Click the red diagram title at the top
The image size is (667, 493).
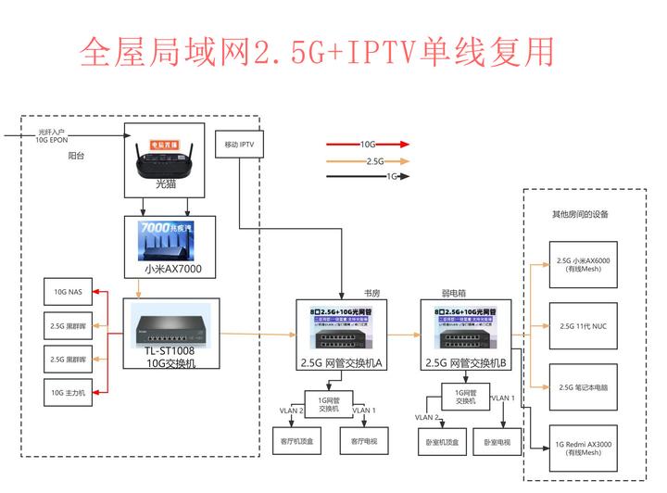pos(319,52)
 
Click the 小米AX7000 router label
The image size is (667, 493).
pos(172,271)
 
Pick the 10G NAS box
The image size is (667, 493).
pos(69,293)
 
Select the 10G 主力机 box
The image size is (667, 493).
pos(69,392)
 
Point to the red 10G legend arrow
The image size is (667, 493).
pos(368,145)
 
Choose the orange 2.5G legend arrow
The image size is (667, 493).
pos(368,160)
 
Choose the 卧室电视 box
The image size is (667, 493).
pos(497,442)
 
